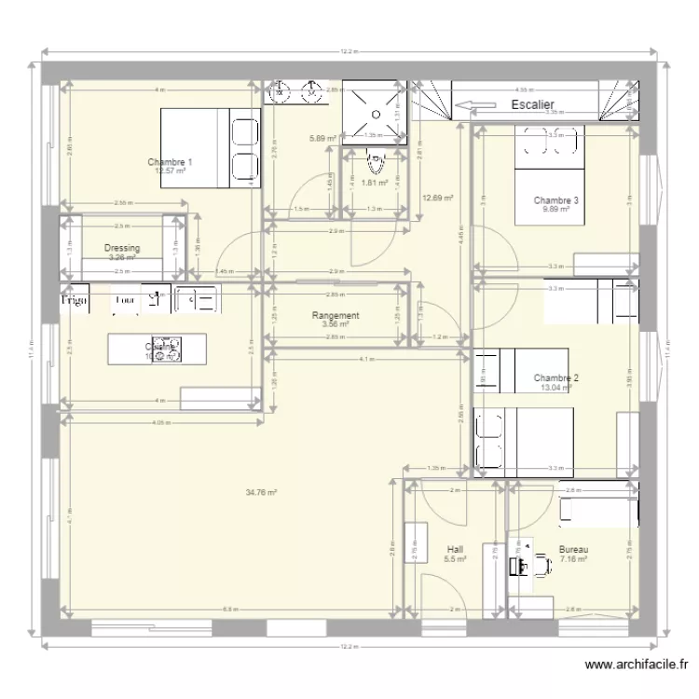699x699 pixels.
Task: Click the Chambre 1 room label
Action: click(170, 162)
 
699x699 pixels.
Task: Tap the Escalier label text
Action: click(533, 105)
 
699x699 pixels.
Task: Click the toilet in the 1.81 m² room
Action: click(375, 165)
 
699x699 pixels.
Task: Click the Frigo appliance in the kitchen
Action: click(74, 301)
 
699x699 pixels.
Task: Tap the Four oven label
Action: click(124, 301)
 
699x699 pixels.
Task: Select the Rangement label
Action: click(336, 316)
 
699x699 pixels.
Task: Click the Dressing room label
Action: click(122, 249)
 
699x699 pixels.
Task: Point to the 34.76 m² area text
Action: click(261, 492)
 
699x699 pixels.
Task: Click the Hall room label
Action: click(455, 550)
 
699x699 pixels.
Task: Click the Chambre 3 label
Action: click(556, 200)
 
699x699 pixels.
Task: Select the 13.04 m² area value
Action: click(555, 388)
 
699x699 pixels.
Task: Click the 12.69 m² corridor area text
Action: click(437, 198)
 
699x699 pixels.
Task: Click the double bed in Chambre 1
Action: click(210, 148)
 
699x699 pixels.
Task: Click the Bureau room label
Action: click(573, 550)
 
